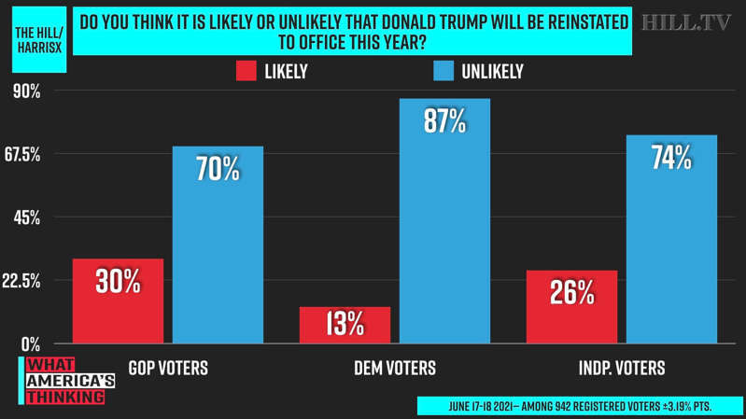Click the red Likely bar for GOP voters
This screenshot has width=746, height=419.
(118, 300)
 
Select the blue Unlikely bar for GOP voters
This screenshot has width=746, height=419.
(218, 244)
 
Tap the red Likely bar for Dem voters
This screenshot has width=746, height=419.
(345, 325)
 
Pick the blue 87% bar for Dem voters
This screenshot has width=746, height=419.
(444, 221)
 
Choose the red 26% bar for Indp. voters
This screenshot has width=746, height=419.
(571, 307)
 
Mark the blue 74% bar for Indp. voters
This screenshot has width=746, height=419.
(671, 239)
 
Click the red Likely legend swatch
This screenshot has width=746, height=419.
(246, 71)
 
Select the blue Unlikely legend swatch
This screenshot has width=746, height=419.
(443, 71)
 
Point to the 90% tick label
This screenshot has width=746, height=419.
(25, 91)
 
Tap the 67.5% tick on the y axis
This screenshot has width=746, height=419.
(22, 155)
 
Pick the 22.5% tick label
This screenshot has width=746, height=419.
(22, 281)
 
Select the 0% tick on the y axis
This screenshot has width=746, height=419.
(30, 343)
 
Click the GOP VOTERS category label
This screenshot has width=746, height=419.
(168, 368)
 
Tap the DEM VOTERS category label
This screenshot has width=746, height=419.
(395, 368)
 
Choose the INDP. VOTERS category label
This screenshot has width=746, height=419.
(622, 368)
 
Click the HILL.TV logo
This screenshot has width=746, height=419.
(686, 23)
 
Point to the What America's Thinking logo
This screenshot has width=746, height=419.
(67, 381)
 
